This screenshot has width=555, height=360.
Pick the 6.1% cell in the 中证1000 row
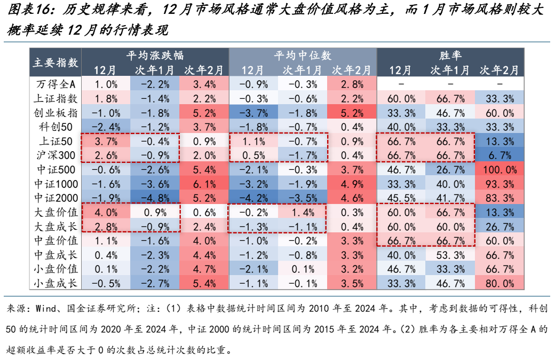click(203, 183)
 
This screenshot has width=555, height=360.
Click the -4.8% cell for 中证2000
click(154, 197)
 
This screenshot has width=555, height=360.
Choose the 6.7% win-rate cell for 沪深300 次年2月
click(500, 154)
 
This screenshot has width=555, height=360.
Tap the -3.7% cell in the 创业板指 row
click(253, 112)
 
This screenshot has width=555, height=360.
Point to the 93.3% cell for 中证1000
click(500, 183)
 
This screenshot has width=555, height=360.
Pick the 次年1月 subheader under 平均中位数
click(302, 70)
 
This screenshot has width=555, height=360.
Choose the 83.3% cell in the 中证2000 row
click(500, 197)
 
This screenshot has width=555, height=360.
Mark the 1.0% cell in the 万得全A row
click(105, 84)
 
